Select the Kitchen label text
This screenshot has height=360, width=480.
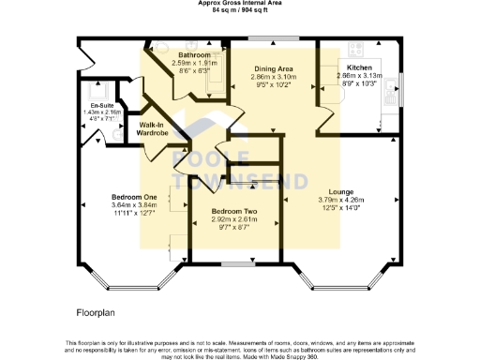[360, 68]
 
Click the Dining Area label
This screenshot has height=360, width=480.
[273, 68]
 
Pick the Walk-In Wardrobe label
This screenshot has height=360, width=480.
[154, 128]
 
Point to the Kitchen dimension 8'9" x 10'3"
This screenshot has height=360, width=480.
[360, 85]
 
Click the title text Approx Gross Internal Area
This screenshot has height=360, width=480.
[239, 3]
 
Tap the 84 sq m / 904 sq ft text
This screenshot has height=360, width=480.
[239, 10]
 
